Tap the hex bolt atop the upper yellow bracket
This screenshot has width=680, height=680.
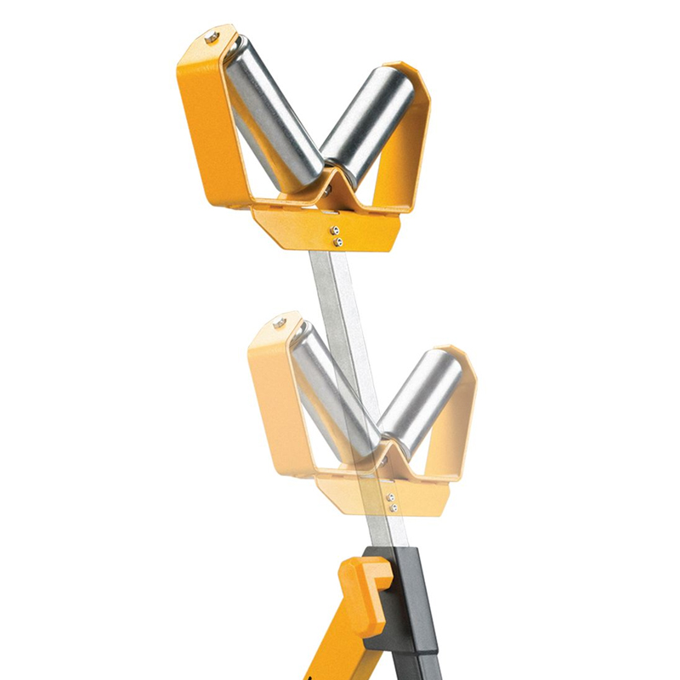pos(212,37)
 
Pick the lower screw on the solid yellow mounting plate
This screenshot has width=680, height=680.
pos(338,242)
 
